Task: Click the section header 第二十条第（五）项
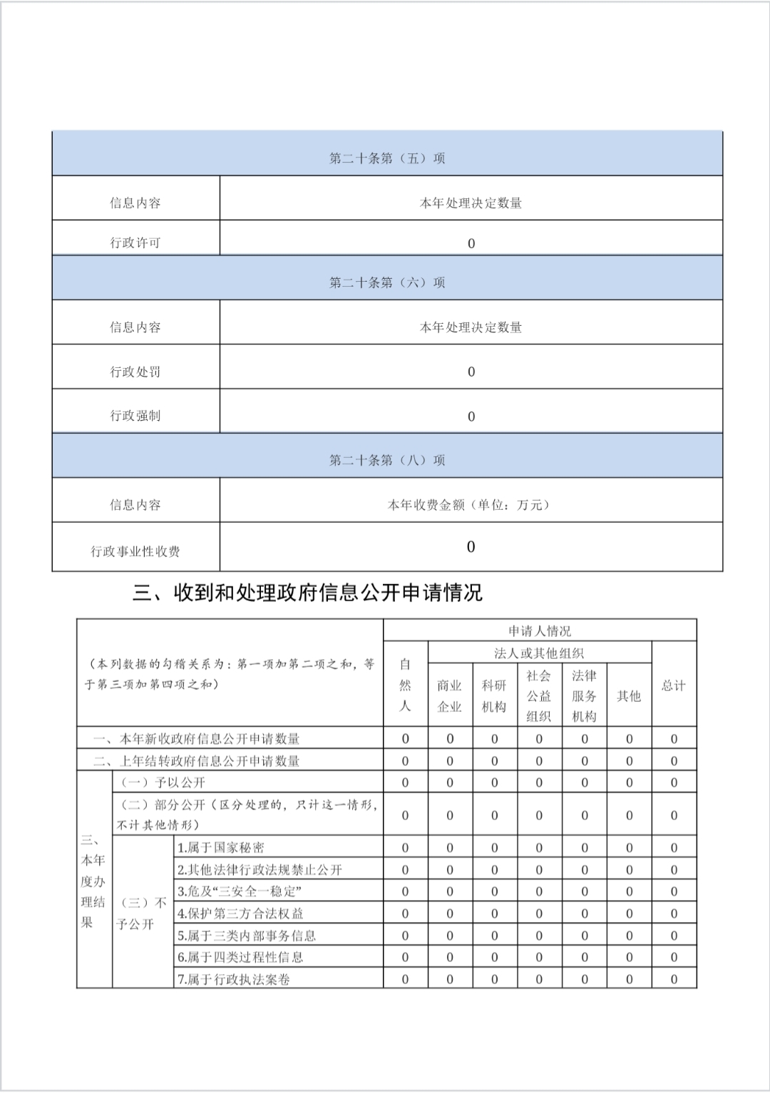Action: [387, 158]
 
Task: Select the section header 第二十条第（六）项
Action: [387, 282]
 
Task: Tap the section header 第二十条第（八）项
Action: [387, 460]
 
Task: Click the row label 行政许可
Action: [135, 242]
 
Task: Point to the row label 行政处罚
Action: [135, 372]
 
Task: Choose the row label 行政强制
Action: [135, 416]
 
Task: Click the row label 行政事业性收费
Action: [135, 551]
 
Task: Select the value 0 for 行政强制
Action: [471, 416]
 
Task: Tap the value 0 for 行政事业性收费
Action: [471, 547]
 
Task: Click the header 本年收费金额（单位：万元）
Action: [471, 505]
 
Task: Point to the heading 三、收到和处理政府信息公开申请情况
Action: [307, 593]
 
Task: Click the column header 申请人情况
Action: [540, 631]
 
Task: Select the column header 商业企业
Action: [450, 696]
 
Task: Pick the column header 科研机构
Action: [494, 696]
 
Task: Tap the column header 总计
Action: [674, 685]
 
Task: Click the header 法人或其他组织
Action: [540, 653]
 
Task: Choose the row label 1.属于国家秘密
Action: [221, 848]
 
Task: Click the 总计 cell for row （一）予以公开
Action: [674, 782]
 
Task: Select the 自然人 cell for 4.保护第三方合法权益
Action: [405, 914]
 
